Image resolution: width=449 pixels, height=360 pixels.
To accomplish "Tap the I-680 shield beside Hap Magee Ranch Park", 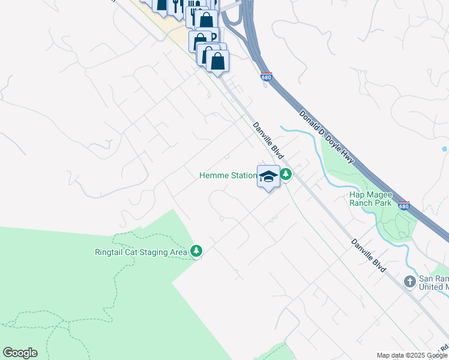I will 404,206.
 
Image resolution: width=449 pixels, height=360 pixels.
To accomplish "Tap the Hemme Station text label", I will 228,176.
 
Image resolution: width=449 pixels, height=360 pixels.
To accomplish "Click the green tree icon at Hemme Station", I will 286,175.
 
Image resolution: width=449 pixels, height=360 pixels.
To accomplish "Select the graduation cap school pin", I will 268,176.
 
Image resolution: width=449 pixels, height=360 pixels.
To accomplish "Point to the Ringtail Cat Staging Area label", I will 141,252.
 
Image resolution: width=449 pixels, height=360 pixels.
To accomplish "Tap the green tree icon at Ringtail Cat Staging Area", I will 196,251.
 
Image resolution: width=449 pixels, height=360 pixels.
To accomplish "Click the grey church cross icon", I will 409,281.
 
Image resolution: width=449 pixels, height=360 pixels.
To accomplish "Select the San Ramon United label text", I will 433,283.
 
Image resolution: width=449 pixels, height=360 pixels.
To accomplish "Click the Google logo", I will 20,353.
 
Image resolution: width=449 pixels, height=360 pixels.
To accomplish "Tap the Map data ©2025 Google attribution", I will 412,355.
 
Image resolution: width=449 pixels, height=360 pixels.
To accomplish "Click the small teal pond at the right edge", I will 444,148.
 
